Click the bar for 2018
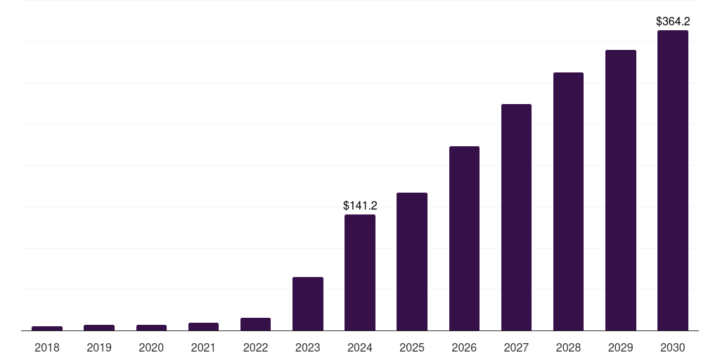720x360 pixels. coord(47,328)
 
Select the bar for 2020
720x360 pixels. coord(151,327)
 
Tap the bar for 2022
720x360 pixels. coord(255,324)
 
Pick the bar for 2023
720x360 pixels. coord(308,304)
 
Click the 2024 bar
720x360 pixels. coord(360,272)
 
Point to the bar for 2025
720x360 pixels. coord(412,262)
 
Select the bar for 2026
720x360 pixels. coord(464,238)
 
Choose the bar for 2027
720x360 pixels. coord(516,217)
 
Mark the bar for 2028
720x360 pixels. coord(568,201)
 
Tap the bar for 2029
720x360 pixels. coord(621,190)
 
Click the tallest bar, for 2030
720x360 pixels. coord(673,180)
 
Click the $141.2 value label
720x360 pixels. coord(360,205)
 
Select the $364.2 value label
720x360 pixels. coord(673,22)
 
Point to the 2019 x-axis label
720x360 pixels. coord(99,347)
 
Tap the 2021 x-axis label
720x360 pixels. coord(203,347)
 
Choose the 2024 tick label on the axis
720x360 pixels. coord(360,347)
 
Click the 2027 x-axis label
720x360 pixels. coord(516,347)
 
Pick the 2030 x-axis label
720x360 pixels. coord(673,347)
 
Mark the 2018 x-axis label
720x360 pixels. coord(47,347)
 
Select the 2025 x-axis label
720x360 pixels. coord(412,347)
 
